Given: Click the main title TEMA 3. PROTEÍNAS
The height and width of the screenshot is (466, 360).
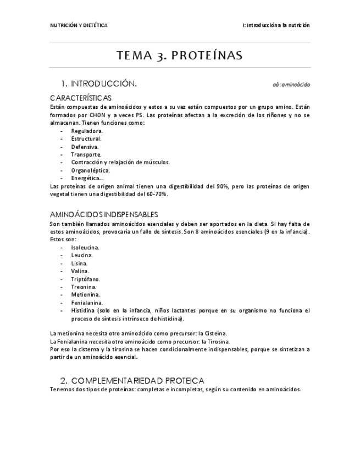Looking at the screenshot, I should (x=180, y=56).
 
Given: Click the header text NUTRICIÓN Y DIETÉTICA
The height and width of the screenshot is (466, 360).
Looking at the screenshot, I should (x=79, y=25).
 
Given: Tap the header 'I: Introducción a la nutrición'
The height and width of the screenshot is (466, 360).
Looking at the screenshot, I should (x=276, y=25).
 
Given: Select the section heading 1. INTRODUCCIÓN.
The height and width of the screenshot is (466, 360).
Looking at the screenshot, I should (x=98, y=84).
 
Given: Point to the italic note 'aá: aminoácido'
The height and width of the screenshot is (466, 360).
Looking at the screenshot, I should (x=291, y=85).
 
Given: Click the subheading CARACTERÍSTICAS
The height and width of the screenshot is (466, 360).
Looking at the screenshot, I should (x=80, y=98).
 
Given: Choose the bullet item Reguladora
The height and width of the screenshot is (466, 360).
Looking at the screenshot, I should (x=87, y=131).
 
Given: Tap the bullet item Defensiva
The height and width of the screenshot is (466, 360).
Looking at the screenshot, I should (x=85, y=147).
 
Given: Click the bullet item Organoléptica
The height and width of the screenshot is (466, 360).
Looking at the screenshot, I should (x=91, y=170).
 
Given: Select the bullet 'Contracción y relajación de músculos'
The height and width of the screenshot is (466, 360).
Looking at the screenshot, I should (x=120, y=162).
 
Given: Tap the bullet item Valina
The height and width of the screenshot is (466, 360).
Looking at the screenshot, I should (x=80, y=271).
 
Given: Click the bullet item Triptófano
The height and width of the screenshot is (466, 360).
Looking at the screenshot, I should (x=86, y=279).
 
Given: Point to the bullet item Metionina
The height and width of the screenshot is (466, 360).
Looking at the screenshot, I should (x=85, y=295).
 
